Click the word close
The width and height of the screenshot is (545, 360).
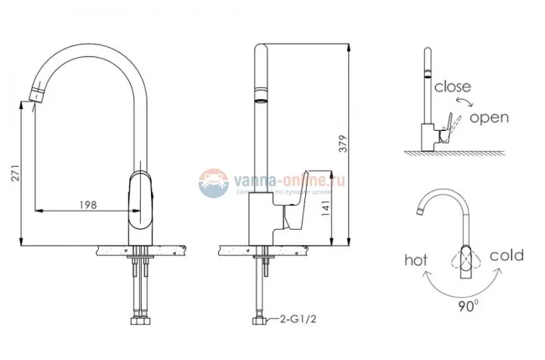[x=453, y=86]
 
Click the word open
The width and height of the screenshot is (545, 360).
[x=488, y=117]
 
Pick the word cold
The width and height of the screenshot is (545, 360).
[x=506, y=255]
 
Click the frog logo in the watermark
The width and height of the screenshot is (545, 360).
[x=215, y=184]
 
